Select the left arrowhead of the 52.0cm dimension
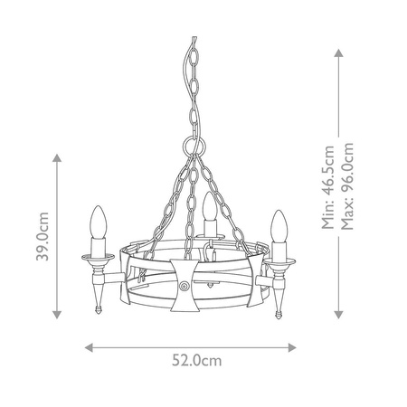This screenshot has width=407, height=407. pyautogui.click(x=88, y=345)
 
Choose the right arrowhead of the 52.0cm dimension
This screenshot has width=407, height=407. pyautogui.click(x=301, y=345)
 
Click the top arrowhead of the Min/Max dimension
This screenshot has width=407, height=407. pyautogui.click(x=338, y=52)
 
